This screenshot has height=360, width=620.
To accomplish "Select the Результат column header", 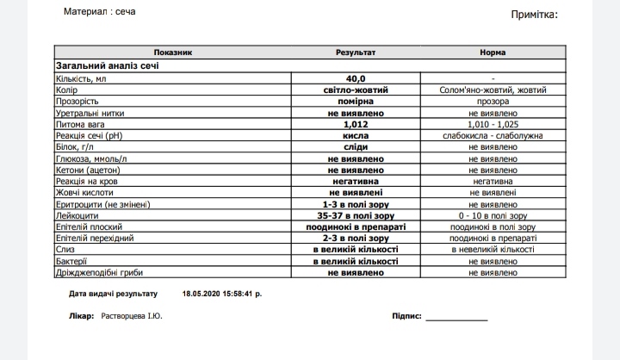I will click(355, 53).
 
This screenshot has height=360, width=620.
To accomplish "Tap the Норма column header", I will click(493, 53).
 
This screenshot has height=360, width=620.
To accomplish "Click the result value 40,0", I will click(355, 78).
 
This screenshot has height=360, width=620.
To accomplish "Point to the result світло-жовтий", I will click(355, 90).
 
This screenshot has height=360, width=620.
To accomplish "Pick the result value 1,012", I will click(355, 124).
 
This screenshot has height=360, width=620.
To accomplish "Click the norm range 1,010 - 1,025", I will click(493, 124).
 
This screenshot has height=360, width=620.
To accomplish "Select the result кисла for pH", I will click(355, 136).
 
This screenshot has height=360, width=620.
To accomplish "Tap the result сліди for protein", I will click(355, 147).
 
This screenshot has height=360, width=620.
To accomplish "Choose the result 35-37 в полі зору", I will click(355, 215).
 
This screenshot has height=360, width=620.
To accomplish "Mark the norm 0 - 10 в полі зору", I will click(493, 215).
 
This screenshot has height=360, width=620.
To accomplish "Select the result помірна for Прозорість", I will click(355, 101).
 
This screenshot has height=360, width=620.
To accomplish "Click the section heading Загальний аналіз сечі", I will click(107, 65).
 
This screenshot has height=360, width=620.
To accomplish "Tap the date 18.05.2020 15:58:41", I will click(220, 294).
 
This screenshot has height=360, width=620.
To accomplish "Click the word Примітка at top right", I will click(535, 15).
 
